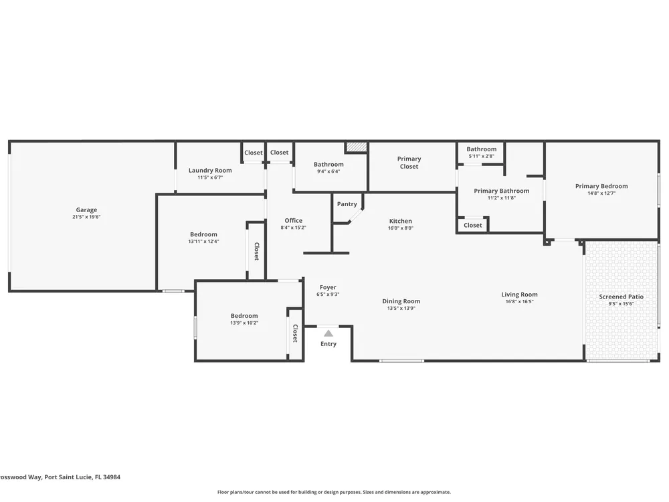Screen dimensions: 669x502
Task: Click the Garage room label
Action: [x=86, y=210]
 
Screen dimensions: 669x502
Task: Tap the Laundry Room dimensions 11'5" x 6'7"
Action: [x=210, y=177]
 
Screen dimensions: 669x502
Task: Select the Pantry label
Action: [x=347, y=204]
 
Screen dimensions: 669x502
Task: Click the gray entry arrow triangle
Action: [x=328, y=333]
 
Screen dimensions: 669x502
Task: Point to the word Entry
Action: [x=328, y=343]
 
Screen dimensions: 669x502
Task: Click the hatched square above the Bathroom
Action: [x=357, y=147]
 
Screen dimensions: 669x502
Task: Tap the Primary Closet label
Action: [x=409, y=163]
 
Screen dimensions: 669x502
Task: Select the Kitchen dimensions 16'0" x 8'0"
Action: [x=401, y=228]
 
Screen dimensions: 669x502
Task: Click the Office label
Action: [x=294, y=220]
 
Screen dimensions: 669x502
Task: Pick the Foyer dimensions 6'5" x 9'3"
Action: [x=328, y=294]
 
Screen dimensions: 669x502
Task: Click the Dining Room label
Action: [x=401, y=301]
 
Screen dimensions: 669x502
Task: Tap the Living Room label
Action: [x=519, y=294]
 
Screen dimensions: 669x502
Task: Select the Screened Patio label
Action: [x=622, y=297]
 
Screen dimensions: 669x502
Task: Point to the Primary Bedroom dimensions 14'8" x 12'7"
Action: [x=601, y=193]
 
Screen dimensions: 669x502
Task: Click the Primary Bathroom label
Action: [x=502, y=191]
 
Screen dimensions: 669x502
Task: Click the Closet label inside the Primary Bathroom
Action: [x=473, y=225]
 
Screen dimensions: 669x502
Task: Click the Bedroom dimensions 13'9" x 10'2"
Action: [x=244, y=323]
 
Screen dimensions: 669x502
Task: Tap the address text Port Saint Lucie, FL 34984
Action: [x=82, y=477]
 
